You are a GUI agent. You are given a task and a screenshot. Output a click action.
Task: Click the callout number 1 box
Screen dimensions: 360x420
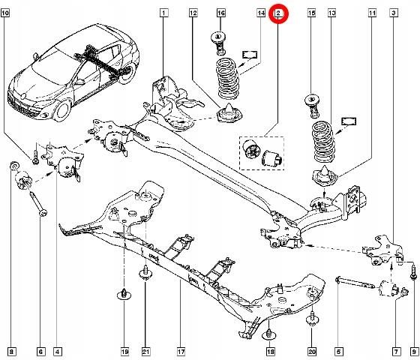coord(163,13)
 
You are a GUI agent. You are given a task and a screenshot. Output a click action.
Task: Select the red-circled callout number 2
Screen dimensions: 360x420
coord(278,13)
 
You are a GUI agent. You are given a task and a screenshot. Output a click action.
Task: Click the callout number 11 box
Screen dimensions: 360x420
coord(373,13)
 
